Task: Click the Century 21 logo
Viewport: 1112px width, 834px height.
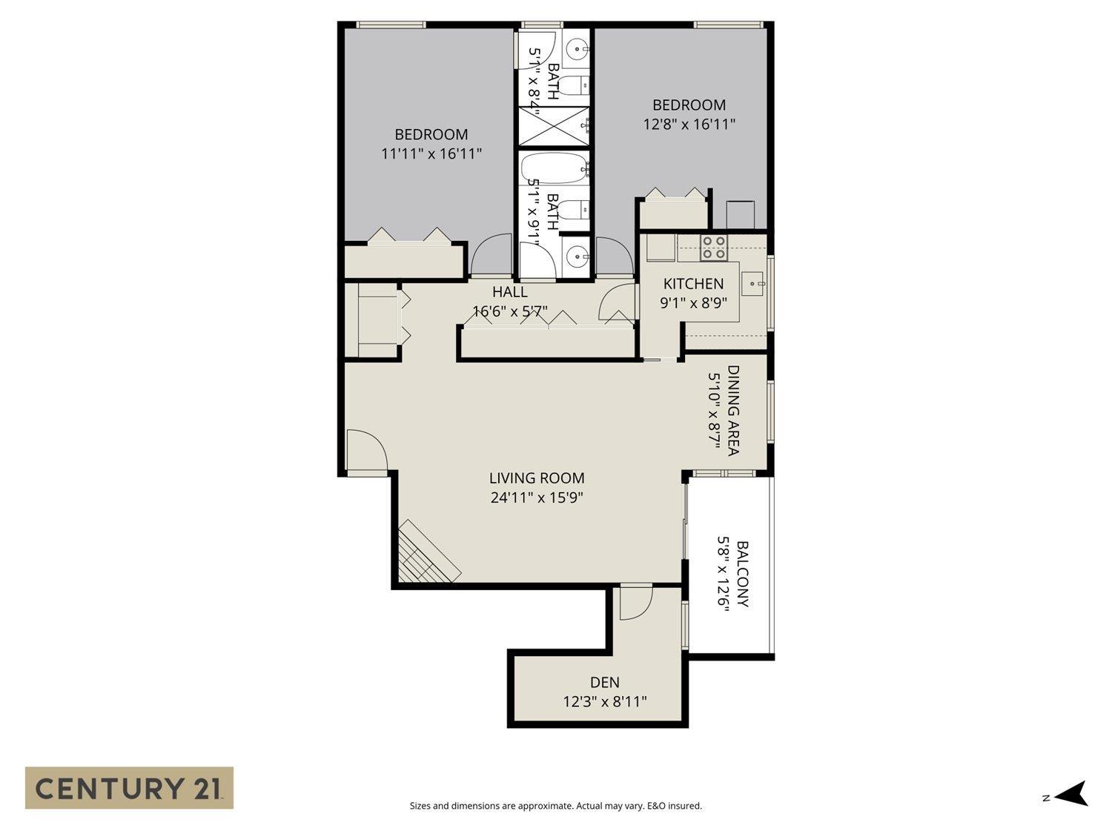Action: [129, 787]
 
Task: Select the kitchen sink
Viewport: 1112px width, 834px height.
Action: [755, 283]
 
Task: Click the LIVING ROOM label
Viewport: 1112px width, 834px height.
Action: [537, 478]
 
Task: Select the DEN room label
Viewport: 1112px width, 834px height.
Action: [605, 682]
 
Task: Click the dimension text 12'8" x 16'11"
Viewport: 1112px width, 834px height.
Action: [689, 125]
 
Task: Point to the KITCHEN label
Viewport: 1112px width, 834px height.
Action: [693, 284]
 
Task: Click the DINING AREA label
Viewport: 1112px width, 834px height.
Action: [733, 410]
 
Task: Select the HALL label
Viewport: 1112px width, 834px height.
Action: [510, 292]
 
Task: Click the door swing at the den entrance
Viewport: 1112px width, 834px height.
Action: [635, 603]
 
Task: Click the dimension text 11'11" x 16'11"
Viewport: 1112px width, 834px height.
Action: [431, 154]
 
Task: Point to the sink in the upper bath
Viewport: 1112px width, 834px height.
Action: [576, 50]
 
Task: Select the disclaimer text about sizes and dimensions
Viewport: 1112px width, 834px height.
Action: [555, 806]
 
